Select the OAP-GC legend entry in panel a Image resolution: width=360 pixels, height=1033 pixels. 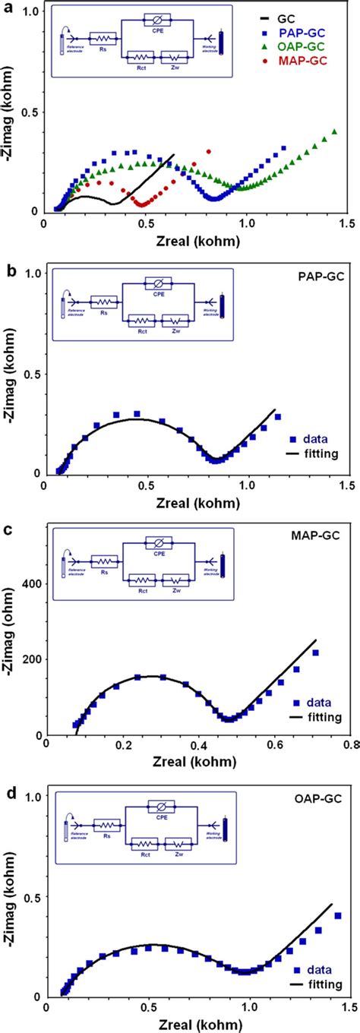click(308, 46)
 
